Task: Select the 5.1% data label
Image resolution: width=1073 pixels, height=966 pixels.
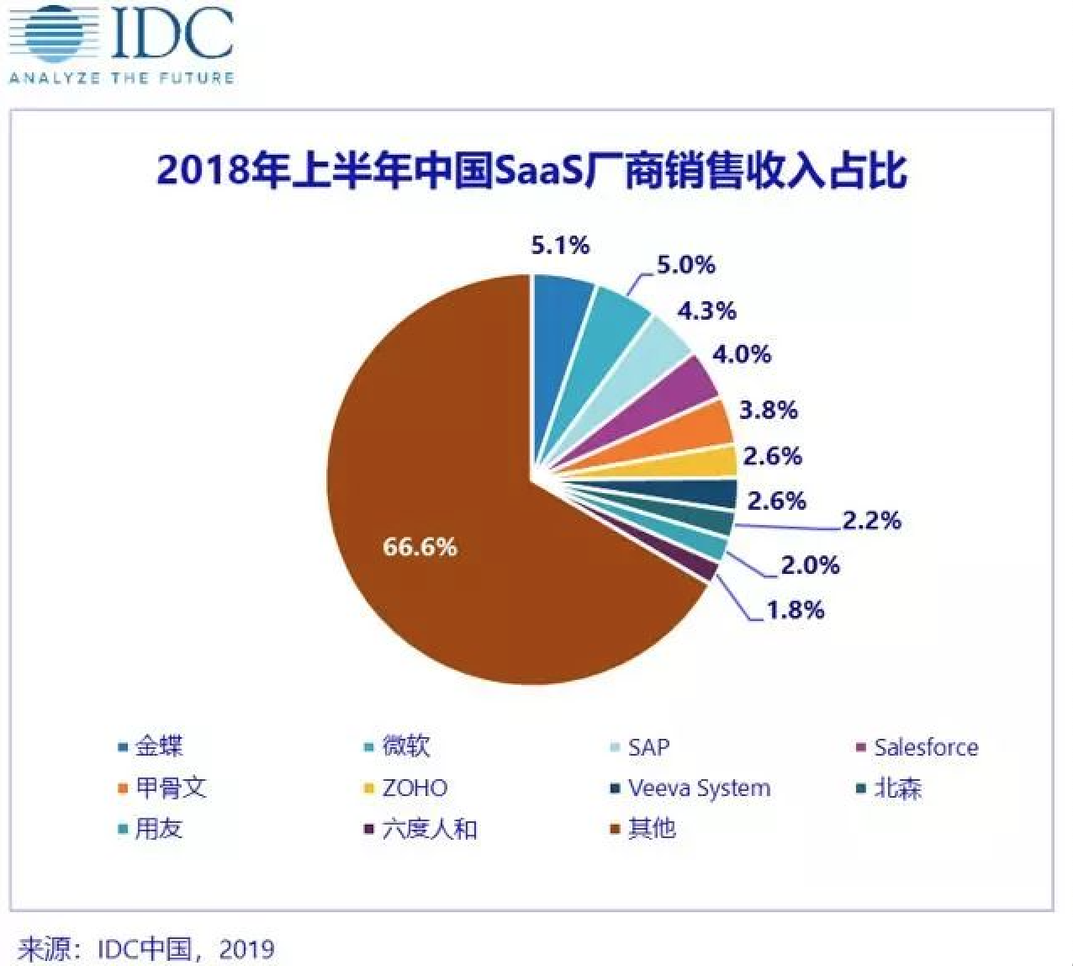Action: pos(560,245)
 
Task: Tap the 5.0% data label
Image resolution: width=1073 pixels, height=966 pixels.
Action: pos(685,265)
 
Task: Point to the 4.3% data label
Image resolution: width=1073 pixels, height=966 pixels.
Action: pos(706,310)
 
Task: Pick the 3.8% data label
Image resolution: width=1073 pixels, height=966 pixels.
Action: pos(768,410)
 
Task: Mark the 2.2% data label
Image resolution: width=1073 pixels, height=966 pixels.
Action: pos(872,520)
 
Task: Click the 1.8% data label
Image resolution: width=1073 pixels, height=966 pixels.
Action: pos(795,609)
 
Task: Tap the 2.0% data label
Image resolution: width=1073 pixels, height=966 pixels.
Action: pos(810,565)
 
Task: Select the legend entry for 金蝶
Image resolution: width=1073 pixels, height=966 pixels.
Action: pos(151,746)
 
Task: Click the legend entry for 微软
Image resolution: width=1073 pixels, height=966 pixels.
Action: pos(399,746)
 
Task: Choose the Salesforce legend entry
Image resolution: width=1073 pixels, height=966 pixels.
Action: pos(917,747)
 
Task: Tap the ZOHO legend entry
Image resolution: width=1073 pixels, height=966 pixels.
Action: pos(407,788)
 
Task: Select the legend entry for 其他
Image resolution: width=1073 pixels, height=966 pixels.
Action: pos(644,829)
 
